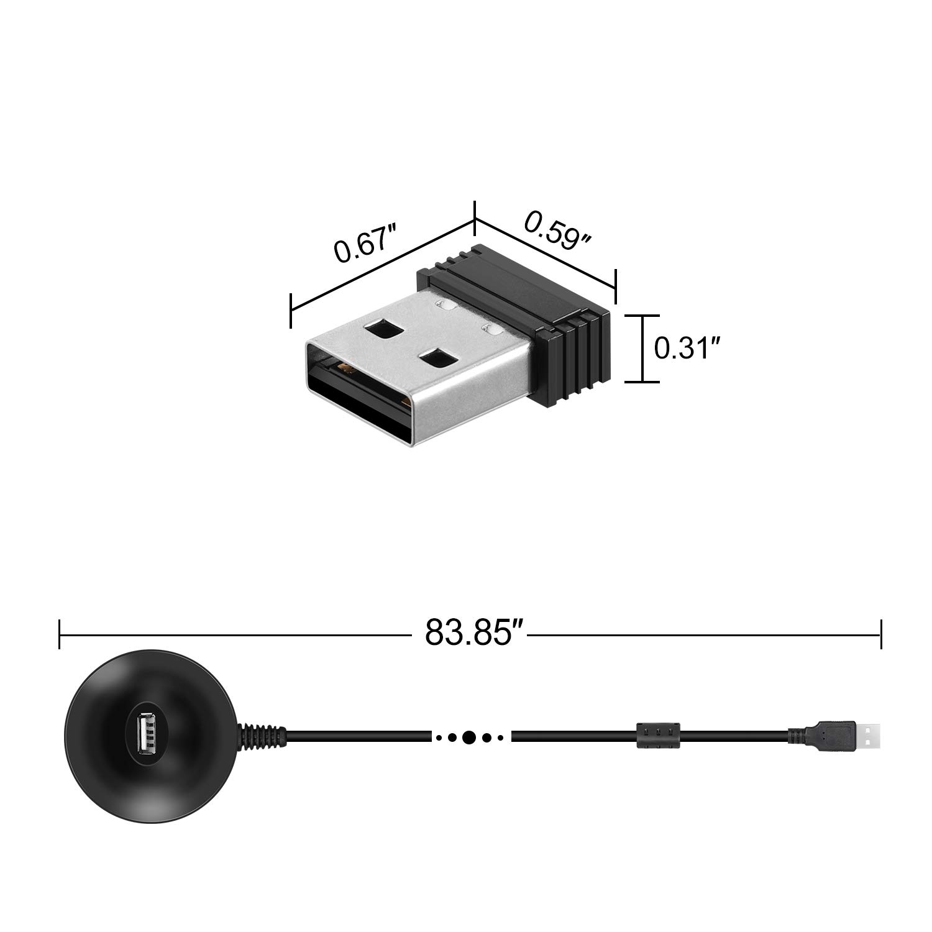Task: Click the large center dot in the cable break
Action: tap(469, 738)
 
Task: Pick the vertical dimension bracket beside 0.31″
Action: tap(642, 348)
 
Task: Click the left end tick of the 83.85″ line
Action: tap(60, 634)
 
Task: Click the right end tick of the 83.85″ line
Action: tap(880, 634)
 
